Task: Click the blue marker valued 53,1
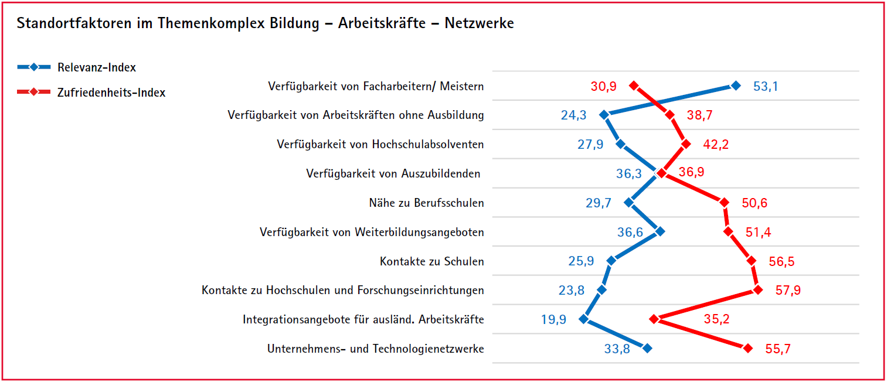pos(736,86)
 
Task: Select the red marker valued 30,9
pos(633,86)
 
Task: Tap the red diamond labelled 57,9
pos(758,290)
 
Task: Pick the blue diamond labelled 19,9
pos(583,319)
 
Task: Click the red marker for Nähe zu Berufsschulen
pos(724,203)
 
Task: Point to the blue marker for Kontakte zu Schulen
pos(611,261)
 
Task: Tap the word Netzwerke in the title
pos(479,23)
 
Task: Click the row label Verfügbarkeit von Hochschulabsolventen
pos(380,144)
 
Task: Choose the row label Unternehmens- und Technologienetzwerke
pos(376,349)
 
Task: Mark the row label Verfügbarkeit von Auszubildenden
pos(393,173)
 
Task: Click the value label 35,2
pos(716,319)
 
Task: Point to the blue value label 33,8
pos(617,349)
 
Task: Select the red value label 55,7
pos(778,349)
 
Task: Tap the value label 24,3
pos(573,115)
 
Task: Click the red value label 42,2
pos(716,145)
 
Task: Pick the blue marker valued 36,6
pos(660,231)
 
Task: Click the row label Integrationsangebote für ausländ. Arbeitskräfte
pos(363,319)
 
